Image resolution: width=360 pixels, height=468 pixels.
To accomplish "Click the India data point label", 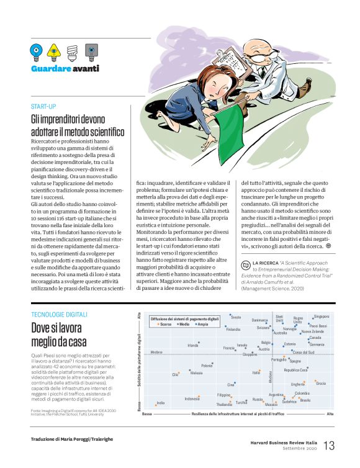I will [160, 403].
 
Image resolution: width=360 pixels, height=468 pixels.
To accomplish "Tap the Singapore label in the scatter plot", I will [321, 317].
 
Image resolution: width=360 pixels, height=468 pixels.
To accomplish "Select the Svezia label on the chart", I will [236, 317].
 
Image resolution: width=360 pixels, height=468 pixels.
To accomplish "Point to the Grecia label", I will [320, 384].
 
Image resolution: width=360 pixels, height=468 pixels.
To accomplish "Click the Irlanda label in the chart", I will [192, 345].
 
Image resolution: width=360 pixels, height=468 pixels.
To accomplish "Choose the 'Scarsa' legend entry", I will [165, 325].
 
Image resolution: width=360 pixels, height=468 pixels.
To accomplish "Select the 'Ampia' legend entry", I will [202, 325].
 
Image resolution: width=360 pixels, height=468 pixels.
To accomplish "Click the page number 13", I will [328, 445].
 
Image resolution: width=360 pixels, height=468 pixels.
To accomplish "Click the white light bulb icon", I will [73, 50].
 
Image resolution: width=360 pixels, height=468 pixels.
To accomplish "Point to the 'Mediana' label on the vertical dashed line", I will [270, 376].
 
